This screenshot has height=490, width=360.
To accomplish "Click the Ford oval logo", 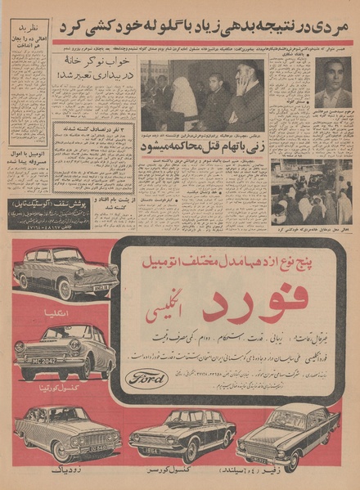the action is pos(148,378).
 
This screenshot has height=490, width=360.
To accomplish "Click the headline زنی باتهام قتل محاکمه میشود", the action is pos(202,146).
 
